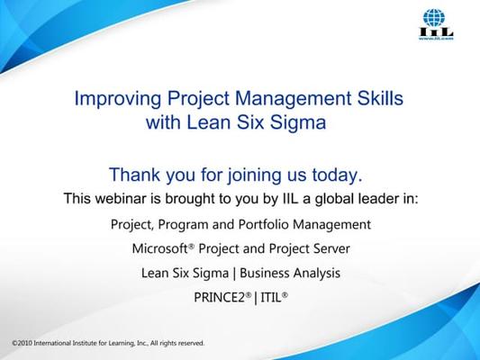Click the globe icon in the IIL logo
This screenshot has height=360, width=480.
coord(434,17)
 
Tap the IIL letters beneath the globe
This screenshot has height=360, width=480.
coord(436,31)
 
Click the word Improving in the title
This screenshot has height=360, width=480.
coord(118,99)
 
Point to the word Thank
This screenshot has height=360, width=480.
coord(135,175)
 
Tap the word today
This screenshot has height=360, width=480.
coord(338,175)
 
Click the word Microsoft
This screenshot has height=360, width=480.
coord(159,248)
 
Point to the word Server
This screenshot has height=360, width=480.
coord(331,248)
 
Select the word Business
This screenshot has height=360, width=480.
coord(262,273)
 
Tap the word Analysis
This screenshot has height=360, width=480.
coord(314,274)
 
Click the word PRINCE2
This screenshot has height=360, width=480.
coord(220,297)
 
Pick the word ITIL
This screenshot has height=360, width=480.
coord(271,297)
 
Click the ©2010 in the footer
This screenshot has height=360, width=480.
coord(23,343)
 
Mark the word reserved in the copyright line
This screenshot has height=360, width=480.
coord(191,343)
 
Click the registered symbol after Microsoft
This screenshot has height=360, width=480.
coord(191,246)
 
